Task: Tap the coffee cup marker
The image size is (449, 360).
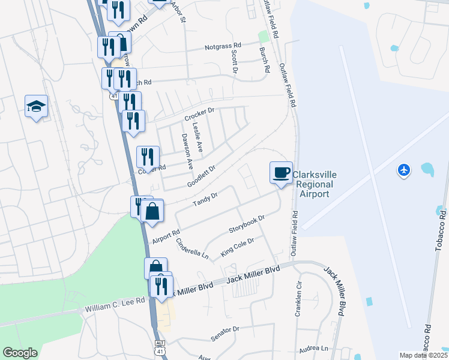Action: click(x=281, y=173)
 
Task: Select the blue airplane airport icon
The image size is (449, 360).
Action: click(x=404, y=170)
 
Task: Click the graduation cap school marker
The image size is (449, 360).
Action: click(x=36, y=107)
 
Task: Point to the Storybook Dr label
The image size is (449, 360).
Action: click(x=247, y=226)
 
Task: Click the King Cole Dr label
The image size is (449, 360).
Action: click(x=238, y=247)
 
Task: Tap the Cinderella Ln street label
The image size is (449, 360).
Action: click(x=193, y=249)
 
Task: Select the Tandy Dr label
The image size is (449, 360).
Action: click(x=205, y=199)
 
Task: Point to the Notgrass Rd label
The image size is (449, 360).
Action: click(x=222, y=46)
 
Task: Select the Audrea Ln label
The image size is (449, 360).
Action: click(x=315, y=348)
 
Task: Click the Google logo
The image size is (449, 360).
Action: click(x=20, y=353)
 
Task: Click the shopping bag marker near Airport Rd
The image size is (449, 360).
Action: click(x=153, y=212)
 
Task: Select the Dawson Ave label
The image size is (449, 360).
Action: click(x=187, y=151)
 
